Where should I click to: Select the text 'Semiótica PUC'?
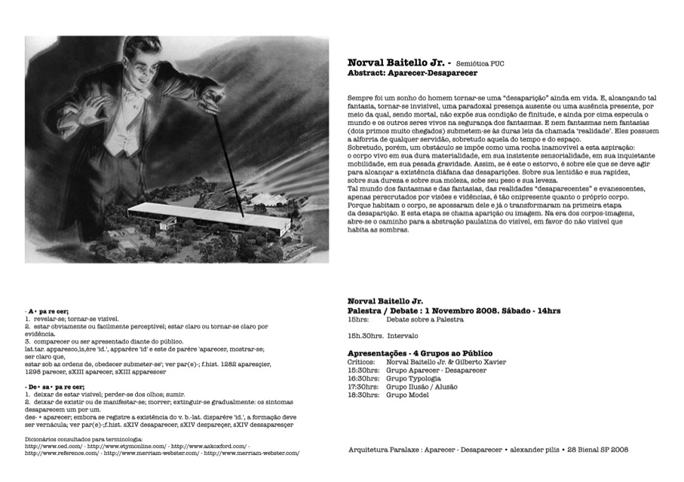480,64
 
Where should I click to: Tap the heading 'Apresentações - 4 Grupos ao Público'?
419,353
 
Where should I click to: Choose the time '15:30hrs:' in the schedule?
363,370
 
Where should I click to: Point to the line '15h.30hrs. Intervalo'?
382,335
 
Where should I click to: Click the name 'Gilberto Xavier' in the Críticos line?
482,362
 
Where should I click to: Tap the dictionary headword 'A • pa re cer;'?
47,311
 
